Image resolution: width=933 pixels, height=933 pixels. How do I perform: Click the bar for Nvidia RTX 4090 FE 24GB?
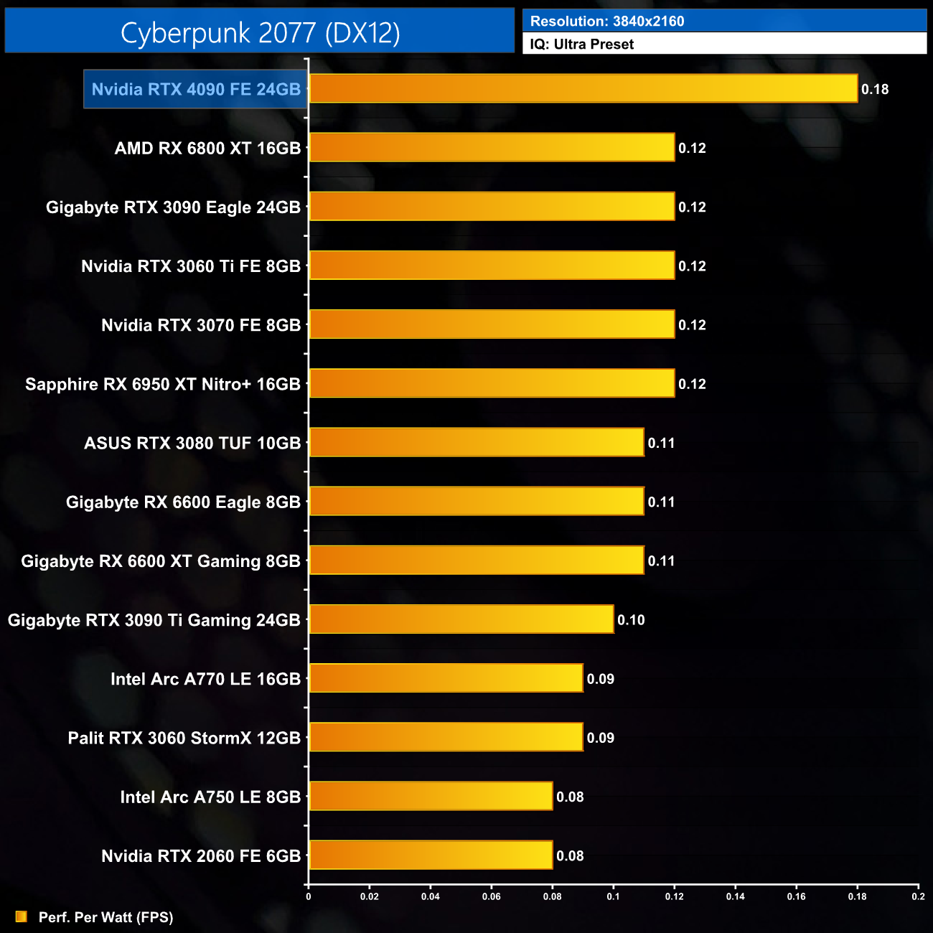(583, 88)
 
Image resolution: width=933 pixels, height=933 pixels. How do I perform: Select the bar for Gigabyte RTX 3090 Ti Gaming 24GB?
(461, 619)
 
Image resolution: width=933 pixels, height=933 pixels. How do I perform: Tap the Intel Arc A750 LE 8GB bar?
(431, 796)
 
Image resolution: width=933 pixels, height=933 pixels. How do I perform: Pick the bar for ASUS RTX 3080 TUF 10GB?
(477, 442)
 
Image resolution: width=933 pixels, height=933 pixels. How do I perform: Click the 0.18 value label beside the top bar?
(875, 89)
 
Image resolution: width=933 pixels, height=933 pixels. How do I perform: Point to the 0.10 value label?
(631, 620)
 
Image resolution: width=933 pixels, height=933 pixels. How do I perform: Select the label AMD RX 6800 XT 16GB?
(207, 149)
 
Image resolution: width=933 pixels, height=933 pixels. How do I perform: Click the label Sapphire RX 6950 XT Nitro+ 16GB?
(163, 384)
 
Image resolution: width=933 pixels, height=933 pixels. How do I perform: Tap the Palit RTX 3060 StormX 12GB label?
(184, 738)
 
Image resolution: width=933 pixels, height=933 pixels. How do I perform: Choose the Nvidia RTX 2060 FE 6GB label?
(201, 855)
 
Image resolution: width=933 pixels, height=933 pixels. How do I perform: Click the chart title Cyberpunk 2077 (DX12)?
(260, 32)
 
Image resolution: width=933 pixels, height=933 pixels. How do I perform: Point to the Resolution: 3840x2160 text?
(607, 21)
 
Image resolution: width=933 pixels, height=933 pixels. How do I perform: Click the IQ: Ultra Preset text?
(582, 44)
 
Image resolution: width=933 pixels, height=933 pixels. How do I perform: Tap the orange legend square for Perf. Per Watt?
(22, 916)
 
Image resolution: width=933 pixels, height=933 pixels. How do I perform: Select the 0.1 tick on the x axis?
(614, 896)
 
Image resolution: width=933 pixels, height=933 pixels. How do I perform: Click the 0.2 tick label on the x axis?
(918, 896)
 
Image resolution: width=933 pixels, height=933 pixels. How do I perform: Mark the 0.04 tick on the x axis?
(431, 896)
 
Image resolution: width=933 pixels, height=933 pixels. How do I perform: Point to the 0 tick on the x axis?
(309, 896)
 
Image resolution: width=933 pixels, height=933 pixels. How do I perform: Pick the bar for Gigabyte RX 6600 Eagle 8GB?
(477, 501)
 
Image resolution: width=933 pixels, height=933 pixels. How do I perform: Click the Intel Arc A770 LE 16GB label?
(205, 679)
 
